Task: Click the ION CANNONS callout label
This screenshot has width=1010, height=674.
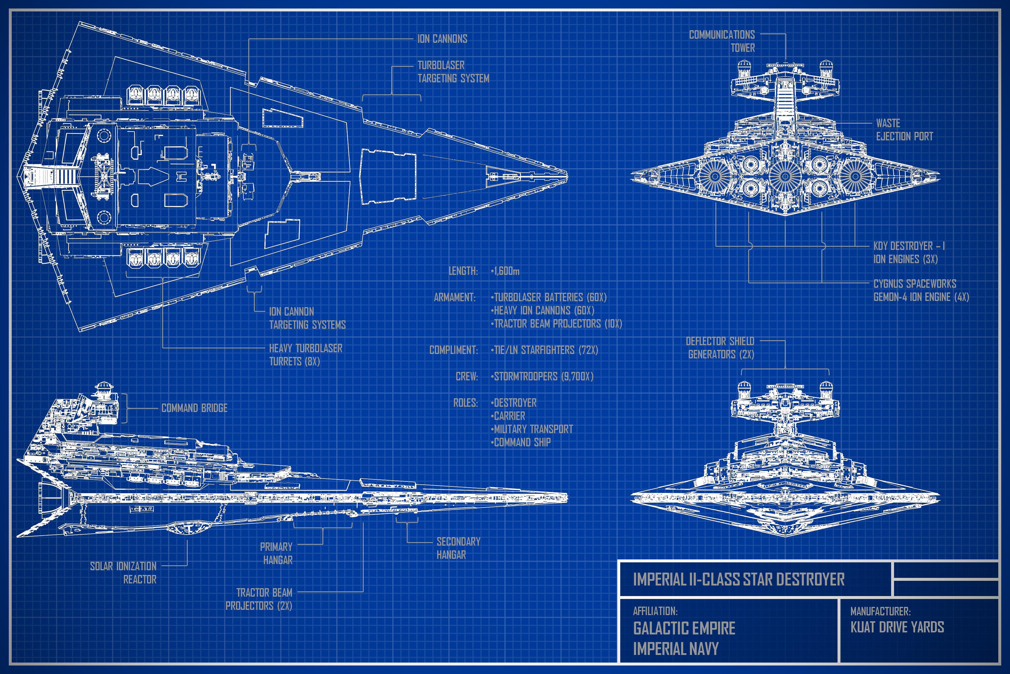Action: click(442, 39)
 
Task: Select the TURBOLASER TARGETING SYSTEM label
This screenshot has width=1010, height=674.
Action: click(453, 72)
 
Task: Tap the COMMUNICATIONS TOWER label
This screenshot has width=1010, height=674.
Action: click(722, 41)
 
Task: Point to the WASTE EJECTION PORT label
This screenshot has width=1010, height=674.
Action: click(904, 130)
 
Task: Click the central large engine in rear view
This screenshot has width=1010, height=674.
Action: click(785, 176)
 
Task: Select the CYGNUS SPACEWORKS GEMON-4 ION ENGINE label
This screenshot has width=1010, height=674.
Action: click(921, 290)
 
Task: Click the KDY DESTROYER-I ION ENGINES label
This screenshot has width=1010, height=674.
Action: click(909, 252)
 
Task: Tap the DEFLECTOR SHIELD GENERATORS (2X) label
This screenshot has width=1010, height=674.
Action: click(720, 348)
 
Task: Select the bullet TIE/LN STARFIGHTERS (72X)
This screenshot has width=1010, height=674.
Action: click(544, 350)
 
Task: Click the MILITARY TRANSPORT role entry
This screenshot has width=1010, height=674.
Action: click(532, 429)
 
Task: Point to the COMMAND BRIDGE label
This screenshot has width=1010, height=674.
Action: click(194, 408)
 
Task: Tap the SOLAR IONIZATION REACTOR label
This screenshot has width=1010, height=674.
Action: click(124, 573)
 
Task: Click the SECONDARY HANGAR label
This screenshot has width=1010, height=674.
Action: click(458, 548)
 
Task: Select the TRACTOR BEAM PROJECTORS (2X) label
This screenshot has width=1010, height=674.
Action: click(259, 599)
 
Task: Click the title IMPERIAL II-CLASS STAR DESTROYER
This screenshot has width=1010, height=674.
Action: click(739, 579)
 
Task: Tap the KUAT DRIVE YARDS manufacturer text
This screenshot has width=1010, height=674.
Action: click(897, 627)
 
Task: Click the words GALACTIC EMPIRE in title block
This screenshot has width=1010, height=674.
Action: click(684, 629)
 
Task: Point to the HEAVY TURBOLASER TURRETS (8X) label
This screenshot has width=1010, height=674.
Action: click(305, 355)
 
